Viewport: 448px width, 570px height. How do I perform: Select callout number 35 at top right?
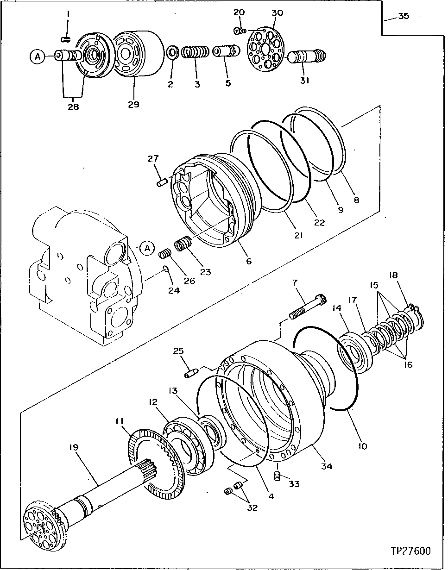[404, 17]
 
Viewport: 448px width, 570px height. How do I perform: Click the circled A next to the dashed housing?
[147, 248]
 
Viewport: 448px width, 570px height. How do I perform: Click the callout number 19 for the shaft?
[74, 447]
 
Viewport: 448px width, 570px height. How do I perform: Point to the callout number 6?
[249, 262]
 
